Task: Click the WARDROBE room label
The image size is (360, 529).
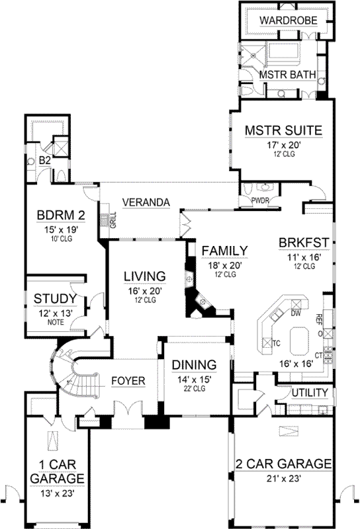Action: click(x=289, y=20)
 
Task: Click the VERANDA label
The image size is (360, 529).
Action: click(x=147, y=202)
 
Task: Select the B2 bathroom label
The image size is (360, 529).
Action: click(x=44, y=160)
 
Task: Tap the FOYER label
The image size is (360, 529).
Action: click(x=128, y=380)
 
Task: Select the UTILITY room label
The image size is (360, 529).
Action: click(x=310, y=393)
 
